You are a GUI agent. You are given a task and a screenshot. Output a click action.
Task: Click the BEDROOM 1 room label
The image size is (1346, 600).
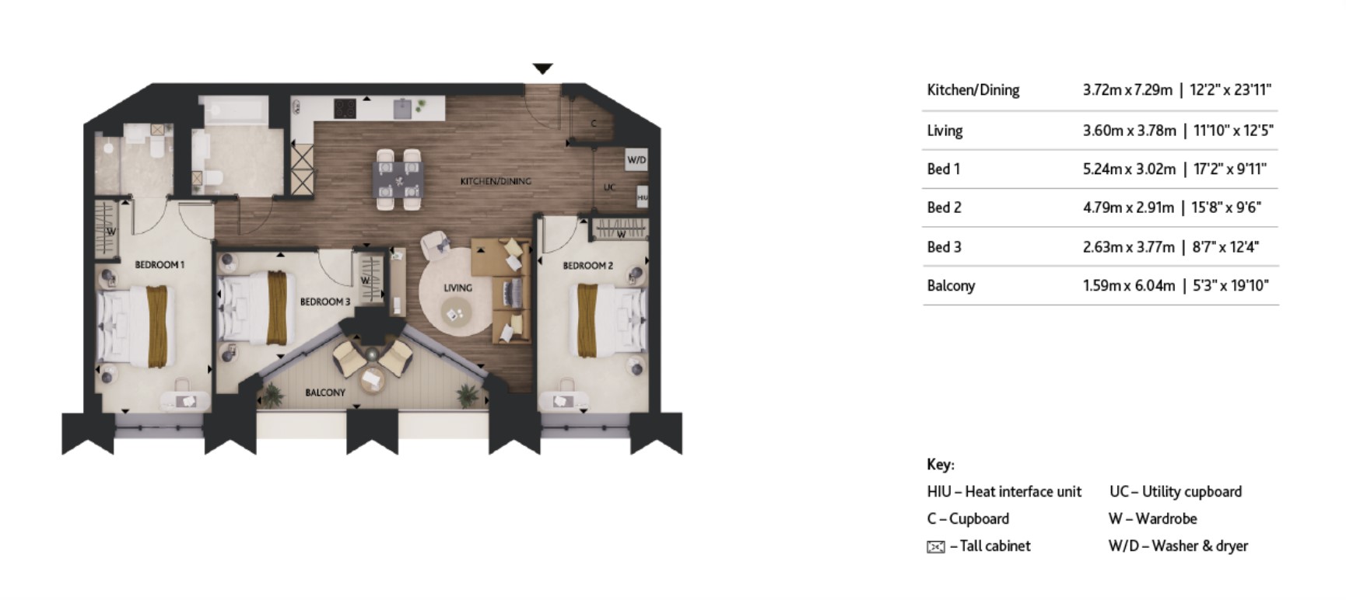(x=159, y=265)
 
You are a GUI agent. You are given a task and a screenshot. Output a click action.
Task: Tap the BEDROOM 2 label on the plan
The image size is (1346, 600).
(x=587, y=266)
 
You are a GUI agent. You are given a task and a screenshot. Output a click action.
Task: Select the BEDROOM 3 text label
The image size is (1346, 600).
(x=324, y=302)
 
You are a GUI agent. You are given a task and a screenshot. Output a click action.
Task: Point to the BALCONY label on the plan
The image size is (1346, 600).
(x=325, y=392)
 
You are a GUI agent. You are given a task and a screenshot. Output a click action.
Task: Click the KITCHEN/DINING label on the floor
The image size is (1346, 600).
(x=496, y=181)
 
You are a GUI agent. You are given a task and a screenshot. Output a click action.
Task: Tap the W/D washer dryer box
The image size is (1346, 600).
(x=636, y=160)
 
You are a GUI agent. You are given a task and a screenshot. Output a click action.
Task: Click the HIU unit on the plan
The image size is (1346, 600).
(x=642, y=198)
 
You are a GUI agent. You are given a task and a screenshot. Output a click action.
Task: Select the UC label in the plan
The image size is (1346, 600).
(x=609, y=187)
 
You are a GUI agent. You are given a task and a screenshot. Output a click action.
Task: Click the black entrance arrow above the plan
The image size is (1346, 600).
(x=542, y=68)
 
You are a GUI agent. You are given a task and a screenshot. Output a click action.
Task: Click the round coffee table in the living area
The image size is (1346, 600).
(x=455, y=314)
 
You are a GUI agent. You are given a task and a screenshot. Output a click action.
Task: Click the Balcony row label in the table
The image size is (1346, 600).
(x=951, y=285)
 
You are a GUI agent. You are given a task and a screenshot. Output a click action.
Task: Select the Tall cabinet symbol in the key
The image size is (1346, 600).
(x=935, y=546)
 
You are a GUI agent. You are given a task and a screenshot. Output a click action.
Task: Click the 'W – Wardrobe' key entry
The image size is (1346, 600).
(x=1152, y=518)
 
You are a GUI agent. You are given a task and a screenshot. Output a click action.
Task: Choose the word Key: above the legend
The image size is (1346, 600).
(x=940, y=464)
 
